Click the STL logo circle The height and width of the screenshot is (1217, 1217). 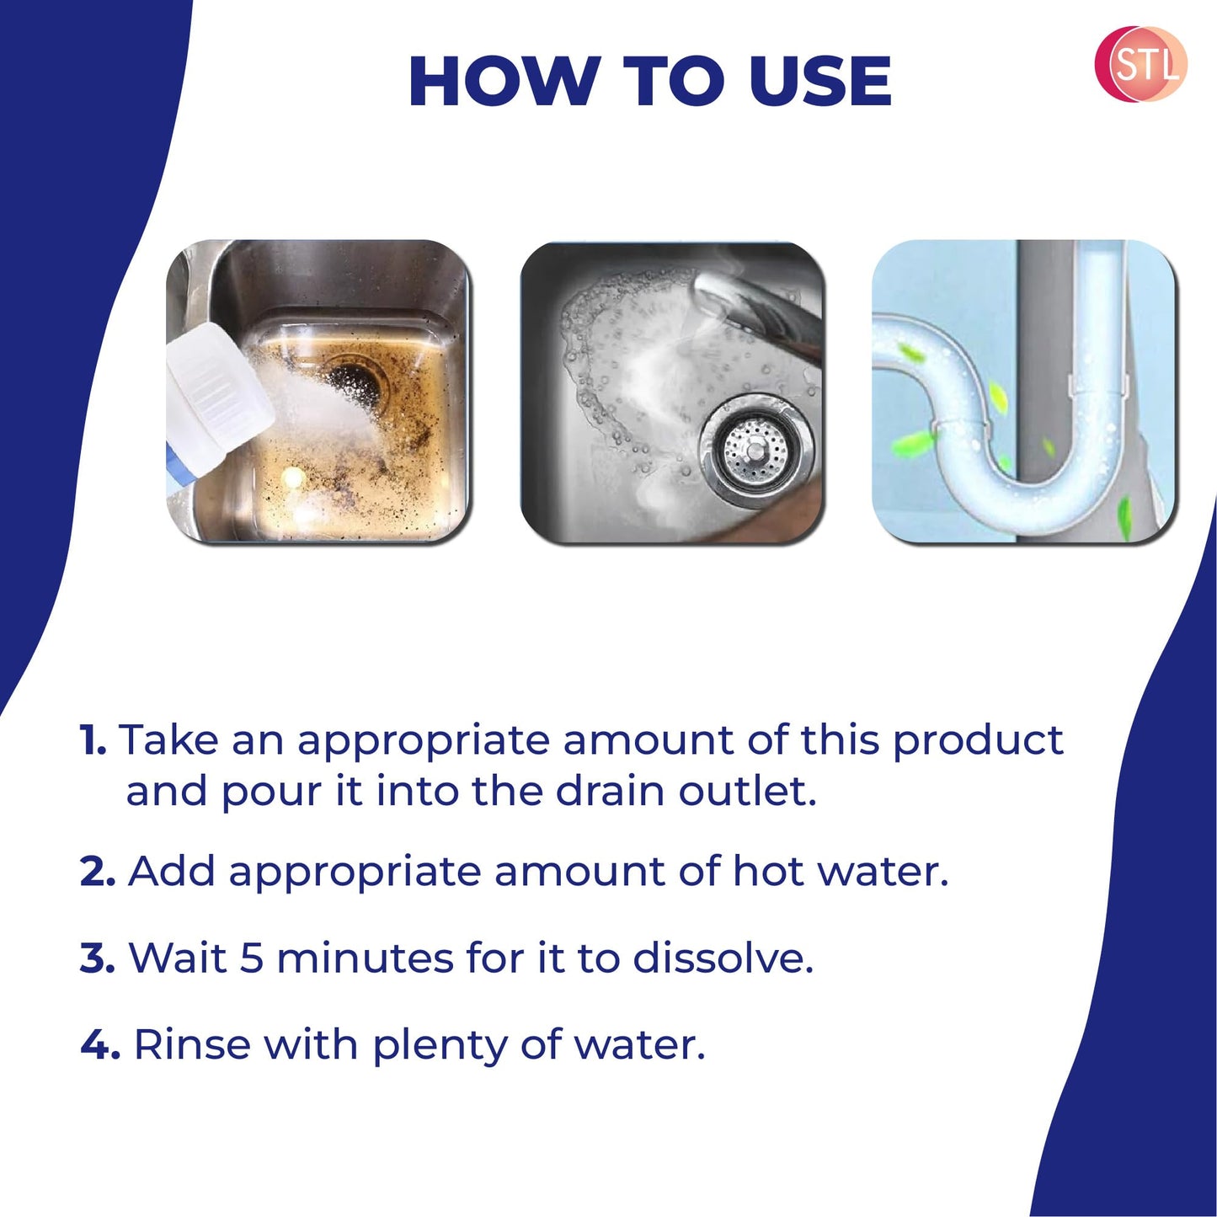click(1140, 64)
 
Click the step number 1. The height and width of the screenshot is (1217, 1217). click(92, 740)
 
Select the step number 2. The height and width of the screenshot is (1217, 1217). click(97, 871)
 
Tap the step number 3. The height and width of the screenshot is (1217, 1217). click(97, 958)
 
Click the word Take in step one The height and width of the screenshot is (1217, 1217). click(168, 739)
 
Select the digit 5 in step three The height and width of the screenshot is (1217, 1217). click(252, 958)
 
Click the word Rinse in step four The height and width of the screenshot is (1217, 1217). click(191, 1044)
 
